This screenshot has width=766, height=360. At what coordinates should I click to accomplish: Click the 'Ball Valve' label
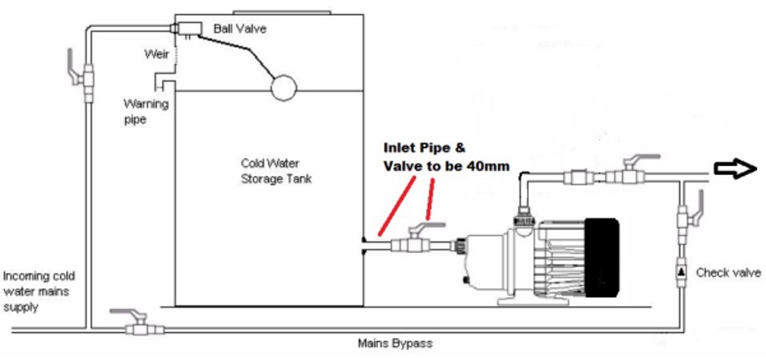point(239,29)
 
